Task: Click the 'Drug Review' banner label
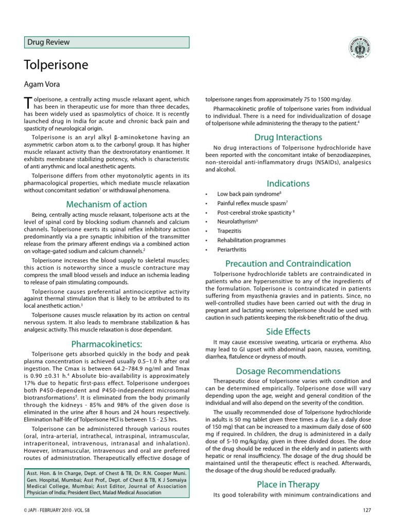tap(49, 42)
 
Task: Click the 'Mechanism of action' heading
tap(106, 202)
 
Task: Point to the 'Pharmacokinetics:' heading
tap(106, 343)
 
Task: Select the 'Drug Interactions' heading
tap(288, 137)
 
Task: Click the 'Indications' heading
tap(288, 183)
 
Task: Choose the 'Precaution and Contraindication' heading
tap(288, 263)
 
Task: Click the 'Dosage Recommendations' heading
tap(288, 371)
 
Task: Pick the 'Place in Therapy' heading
tap(288, 484)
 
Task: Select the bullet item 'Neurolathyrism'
tap(237, 222)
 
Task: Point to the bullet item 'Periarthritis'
tap(231, 250)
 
